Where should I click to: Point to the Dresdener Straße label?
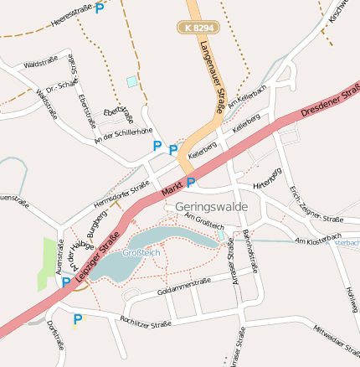(x=330, y=100)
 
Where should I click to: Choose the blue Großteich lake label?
(x=141, y=252)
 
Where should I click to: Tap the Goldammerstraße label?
(x=183, y=287)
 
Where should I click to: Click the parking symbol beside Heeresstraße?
(x=100, y=8)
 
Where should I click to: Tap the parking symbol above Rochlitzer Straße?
(x=78, y=318)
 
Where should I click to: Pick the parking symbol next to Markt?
(x=191, y=183)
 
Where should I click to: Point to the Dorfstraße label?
(x=56, y=336)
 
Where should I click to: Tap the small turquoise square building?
(x=131, y=81)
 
